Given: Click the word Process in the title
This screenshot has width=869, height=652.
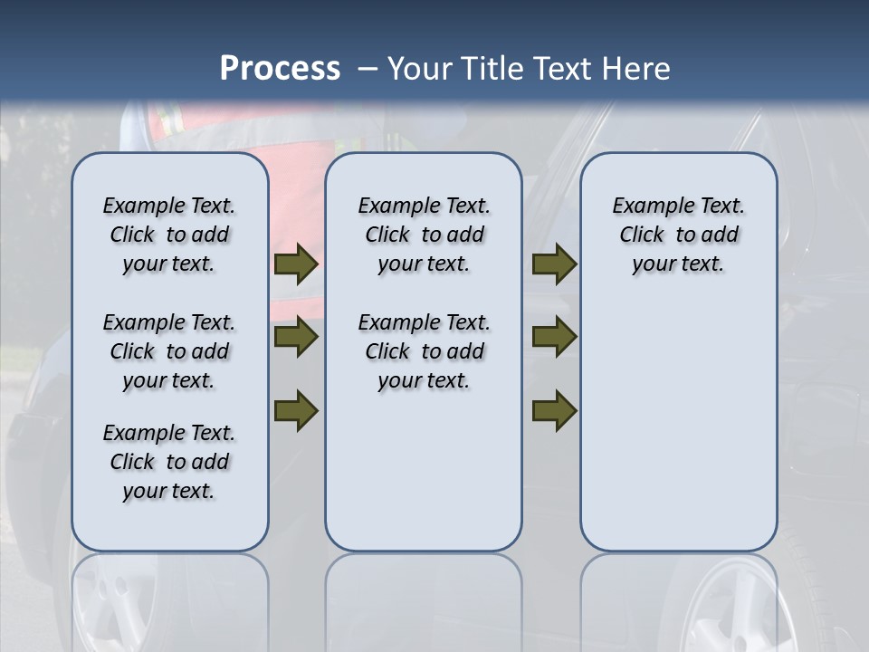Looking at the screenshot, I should click(280, 69).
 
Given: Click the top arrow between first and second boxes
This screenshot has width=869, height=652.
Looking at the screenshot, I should click(295, 264).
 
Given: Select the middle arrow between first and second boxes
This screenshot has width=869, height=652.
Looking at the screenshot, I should click(295, 338).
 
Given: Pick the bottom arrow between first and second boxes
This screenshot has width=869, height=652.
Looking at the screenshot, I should click(295, 410).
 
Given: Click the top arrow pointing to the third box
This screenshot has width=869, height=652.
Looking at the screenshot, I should click(554, 264).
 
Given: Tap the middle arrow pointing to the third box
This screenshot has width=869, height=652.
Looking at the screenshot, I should click(554, 338).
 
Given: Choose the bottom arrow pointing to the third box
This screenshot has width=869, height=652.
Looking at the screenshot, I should click(554, 410).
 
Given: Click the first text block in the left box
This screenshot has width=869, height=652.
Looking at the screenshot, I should click(169, 235).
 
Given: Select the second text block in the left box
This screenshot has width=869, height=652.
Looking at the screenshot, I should click(169, 351).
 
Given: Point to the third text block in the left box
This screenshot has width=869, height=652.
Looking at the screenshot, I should click(169, 462).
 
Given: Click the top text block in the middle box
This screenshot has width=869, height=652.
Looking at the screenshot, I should click(424, 235).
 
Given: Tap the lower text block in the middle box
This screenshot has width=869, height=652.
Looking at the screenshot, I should click(424, 351).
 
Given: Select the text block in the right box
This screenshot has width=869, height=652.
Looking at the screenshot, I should click(678, 235).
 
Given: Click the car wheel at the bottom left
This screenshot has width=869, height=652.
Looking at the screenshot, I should click(109, 607).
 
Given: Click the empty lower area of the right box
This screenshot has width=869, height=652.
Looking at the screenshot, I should click(678, 426).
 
